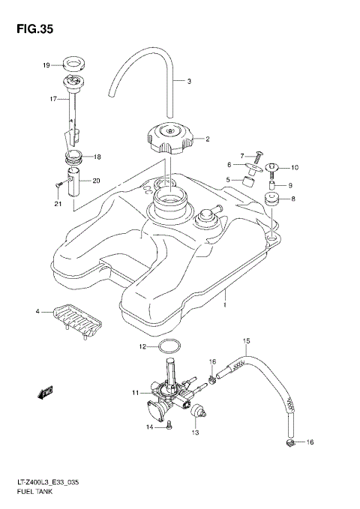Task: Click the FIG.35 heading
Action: point(31,29)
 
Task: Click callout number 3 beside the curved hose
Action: point(189,81)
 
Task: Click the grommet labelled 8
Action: point(271,200)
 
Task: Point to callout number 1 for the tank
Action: point(224,307)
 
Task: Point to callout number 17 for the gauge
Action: point(53,98)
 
